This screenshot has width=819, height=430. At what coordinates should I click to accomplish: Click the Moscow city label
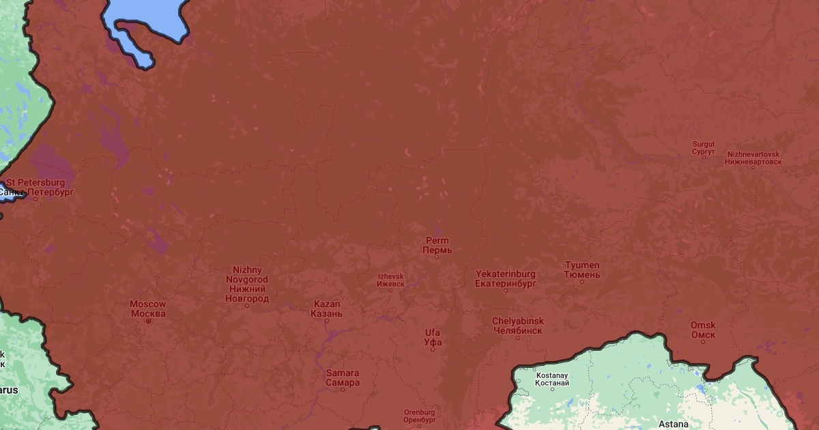click(147, 309)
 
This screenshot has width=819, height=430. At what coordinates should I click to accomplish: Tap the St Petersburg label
click(35, 188)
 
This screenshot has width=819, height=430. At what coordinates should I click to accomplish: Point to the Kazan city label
click(326, 309)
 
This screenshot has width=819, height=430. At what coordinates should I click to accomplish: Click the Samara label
click(342, 377)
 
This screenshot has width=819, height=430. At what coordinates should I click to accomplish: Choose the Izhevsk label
click(390, 280)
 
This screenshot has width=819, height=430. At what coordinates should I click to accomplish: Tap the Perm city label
click(437, 246)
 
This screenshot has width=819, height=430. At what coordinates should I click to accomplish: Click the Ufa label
click(433, 337)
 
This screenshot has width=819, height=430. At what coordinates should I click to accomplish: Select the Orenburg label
click(419, 416)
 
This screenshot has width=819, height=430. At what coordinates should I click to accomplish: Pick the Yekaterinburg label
click(505, 278)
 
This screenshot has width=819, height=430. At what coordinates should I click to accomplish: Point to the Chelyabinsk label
click(517, 326)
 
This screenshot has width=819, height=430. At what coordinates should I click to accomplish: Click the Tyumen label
click(582, 270)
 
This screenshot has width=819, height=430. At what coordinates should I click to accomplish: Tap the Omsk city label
click(703, 330)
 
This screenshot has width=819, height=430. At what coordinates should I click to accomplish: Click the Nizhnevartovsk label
click(753, 158)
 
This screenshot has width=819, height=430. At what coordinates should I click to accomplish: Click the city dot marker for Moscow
click(148, 321)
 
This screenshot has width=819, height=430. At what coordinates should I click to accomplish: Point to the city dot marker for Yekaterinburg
click(506, 290)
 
